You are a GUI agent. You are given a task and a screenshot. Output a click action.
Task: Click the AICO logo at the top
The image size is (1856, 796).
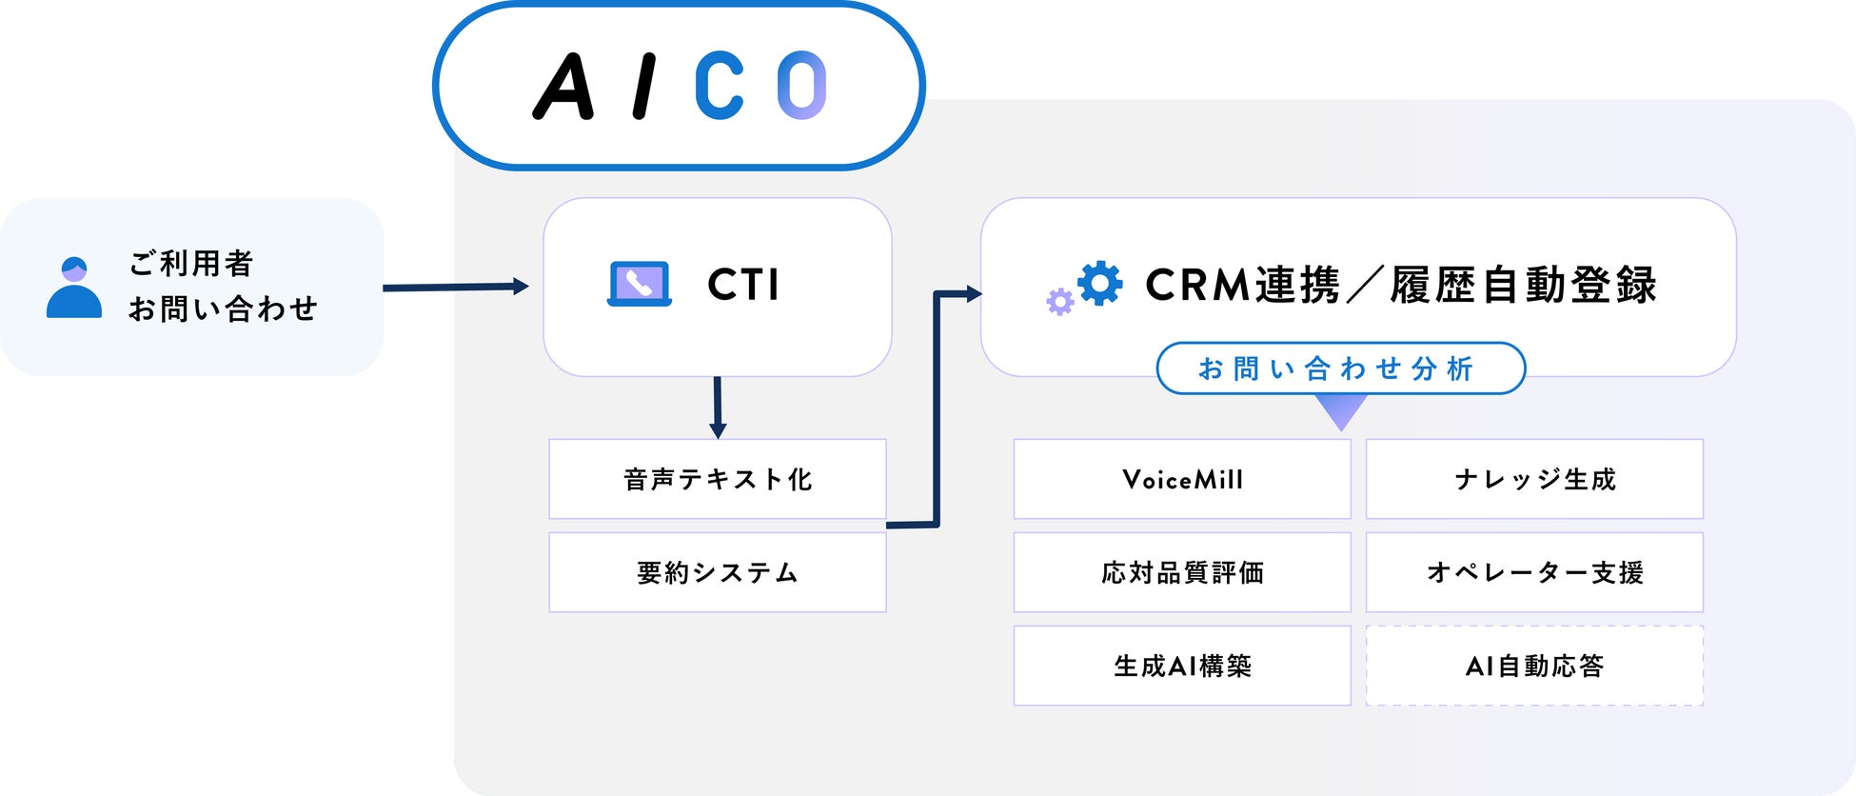679,86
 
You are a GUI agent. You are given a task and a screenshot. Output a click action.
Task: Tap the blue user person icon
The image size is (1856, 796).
74,288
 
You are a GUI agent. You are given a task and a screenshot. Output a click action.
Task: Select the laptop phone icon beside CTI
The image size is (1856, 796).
640,284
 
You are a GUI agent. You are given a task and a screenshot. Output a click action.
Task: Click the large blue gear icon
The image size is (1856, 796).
1100,283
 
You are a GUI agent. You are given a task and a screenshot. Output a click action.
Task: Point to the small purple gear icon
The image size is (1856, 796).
1059,302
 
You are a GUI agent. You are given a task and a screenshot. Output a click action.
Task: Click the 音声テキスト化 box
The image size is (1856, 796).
718,479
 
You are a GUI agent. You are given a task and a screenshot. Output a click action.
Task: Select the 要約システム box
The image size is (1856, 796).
718,572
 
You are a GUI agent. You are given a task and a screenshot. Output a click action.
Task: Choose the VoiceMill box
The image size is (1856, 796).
1182,479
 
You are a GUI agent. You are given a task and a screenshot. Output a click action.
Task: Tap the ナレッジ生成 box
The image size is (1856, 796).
1534,479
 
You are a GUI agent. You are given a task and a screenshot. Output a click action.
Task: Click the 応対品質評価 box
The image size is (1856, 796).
1182,572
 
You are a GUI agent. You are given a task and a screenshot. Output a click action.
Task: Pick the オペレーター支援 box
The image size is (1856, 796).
1534,572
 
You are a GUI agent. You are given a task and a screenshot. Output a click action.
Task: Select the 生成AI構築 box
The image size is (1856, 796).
1182,666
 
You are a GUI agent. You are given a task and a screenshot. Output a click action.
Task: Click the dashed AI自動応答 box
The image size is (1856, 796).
1534,666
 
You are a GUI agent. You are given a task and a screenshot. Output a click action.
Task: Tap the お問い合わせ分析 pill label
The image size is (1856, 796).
1340,368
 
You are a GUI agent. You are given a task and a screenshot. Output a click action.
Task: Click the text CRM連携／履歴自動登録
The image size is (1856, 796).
1400,285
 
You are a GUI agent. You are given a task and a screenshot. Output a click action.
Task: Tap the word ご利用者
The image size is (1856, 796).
191,264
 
